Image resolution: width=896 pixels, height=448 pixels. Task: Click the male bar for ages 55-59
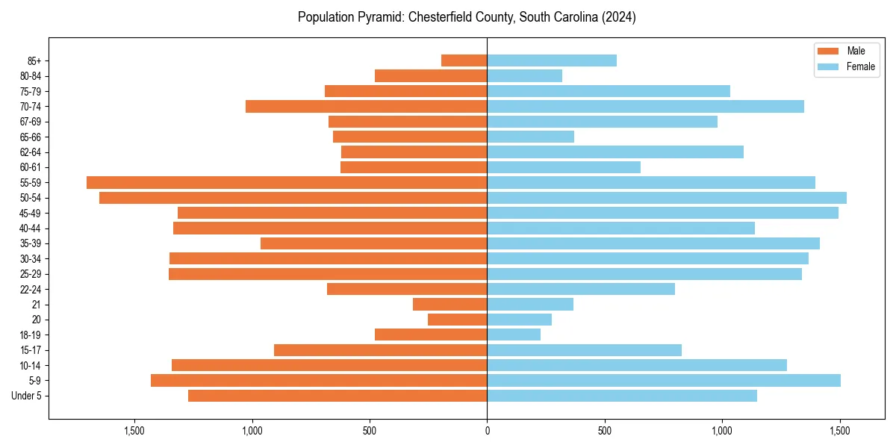coord(287,182)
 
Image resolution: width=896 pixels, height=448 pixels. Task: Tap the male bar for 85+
coord(464,60)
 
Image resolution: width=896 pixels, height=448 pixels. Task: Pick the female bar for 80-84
coord(524,75)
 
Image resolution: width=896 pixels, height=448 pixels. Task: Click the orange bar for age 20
coord(457,320)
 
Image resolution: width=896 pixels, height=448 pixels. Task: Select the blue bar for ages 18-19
coord(514,335)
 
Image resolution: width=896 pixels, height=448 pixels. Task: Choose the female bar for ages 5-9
coord(664,380)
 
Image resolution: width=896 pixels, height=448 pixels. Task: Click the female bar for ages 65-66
coord(530,137)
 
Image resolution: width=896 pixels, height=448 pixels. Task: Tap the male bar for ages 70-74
coord(366,106)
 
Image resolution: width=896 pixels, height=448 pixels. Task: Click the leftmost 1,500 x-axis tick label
coord(134,432)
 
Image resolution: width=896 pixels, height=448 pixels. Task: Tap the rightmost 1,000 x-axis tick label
coord(722,432)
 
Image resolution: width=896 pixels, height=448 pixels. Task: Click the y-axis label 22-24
coord(31,289)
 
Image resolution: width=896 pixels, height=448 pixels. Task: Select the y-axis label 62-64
coord(31,152)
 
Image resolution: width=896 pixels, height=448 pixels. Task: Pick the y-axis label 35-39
coord(31,243)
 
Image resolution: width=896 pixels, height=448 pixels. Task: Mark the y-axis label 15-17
coord(31,350)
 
